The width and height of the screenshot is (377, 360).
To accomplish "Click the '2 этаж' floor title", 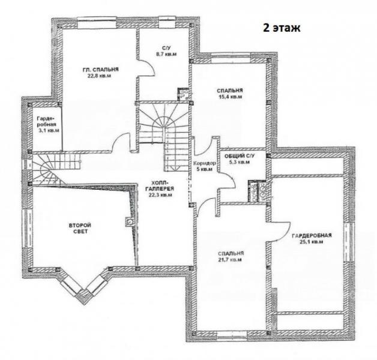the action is pos(282,28).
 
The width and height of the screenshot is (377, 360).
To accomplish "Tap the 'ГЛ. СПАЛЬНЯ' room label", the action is pos(100,70).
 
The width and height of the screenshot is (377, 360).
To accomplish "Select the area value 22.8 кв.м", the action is pos(99,76).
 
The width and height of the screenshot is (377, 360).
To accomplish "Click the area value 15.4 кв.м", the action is pos(229,97).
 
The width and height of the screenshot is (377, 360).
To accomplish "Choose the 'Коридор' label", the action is pos(205,163).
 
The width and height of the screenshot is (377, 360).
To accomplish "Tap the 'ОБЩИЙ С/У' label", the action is pos(240,156).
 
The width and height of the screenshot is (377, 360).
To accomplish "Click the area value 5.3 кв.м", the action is pos(240,162).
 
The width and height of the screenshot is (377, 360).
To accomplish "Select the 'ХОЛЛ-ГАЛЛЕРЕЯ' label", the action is pos(160,185).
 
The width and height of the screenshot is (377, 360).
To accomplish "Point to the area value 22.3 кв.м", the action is pos(160,195).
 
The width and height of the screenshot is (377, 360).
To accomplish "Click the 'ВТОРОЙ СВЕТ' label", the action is pos(80,229).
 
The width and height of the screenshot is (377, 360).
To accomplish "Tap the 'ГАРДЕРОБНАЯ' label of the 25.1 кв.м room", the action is pos(312,235).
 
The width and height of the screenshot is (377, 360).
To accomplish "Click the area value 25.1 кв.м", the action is pos(312,242).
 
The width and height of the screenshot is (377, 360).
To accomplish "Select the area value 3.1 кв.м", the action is pos(49,130).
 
